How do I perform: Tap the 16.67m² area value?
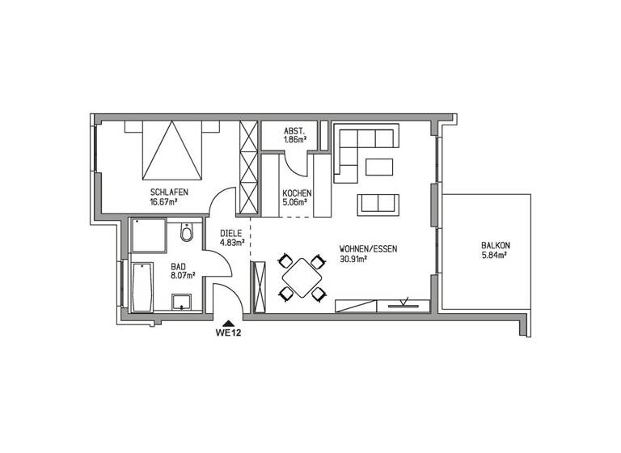(164, 202)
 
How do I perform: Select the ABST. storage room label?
(294, 131)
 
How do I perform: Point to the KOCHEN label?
(294, 193)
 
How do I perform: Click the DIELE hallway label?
(231, 233)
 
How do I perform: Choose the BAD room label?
(179, 265)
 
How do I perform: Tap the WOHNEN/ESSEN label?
(368, 250)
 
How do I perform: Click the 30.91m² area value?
(354, 260)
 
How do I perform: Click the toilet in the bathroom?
(188, 233)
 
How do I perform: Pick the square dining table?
(302, 277)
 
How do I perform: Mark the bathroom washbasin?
(183, 303)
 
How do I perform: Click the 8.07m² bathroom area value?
(180, 275)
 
